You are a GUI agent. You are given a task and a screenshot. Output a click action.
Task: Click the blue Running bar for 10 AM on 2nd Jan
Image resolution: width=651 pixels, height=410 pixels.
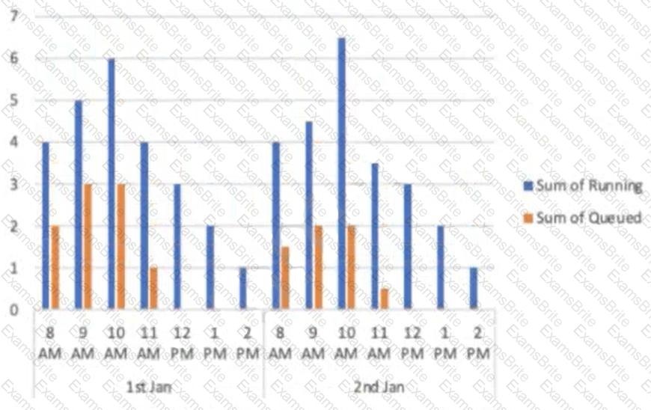pyautogui.click(x=341, y=173)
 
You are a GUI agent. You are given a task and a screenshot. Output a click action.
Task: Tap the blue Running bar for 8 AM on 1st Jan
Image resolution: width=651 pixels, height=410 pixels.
pyautogui.click(x=45, y=225)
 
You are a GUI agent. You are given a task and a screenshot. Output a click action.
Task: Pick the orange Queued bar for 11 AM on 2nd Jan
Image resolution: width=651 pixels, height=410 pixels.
pyautogui.click(x=384, y=299)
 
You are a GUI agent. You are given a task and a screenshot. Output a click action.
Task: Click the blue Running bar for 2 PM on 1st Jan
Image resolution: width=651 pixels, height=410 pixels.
pyautogui.click(x=242, y=288)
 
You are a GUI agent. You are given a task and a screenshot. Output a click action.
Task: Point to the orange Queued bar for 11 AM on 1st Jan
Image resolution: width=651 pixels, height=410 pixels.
pyautogui.click(x=153, y=288)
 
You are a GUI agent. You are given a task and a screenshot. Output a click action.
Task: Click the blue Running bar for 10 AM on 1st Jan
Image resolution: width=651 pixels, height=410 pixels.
pyautogui.click(x=111, y=183)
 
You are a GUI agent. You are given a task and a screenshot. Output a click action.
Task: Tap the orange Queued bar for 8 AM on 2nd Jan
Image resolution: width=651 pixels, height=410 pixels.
pyautogui.click(x=284, y=278)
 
